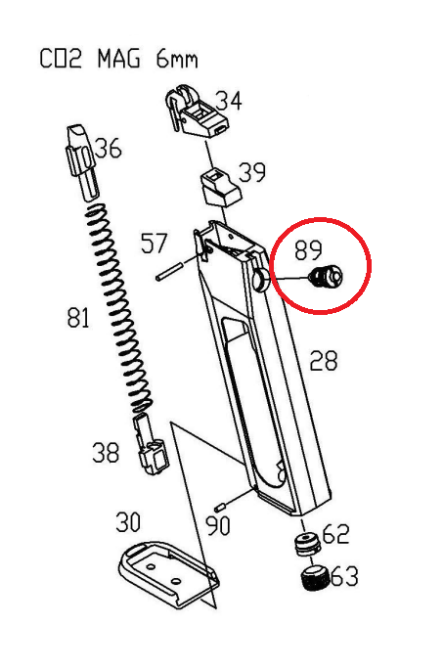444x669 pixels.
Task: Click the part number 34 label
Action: click(228, 101)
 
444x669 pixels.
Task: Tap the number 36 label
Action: click(107, 148)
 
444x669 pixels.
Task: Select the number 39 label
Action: click(251, 172)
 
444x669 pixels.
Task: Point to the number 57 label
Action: click(154, 243)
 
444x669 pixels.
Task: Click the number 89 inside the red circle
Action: click(308, 249)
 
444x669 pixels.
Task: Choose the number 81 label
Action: click(78, 318)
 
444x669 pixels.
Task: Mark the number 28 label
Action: click(324, 361)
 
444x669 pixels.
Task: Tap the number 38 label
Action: click(106, 453)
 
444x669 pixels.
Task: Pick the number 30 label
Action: click(128, 521)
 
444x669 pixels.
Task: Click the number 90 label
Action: click(217, 525)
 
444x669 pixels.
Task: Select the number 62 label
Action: click(336, 533)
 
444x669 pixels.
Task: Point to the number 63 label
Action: click(344, 576)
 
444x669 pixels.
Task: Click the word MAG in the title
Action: click(118, 59)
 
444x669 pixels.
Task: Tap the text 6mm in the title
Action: click(177, 59)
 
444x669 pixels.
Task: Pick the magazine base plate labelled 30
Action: click(168, 574)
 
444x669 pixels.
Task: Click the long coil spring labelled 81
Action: click(119, 308)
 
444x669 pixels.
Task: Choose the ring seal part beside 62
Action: click(307, 543)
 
